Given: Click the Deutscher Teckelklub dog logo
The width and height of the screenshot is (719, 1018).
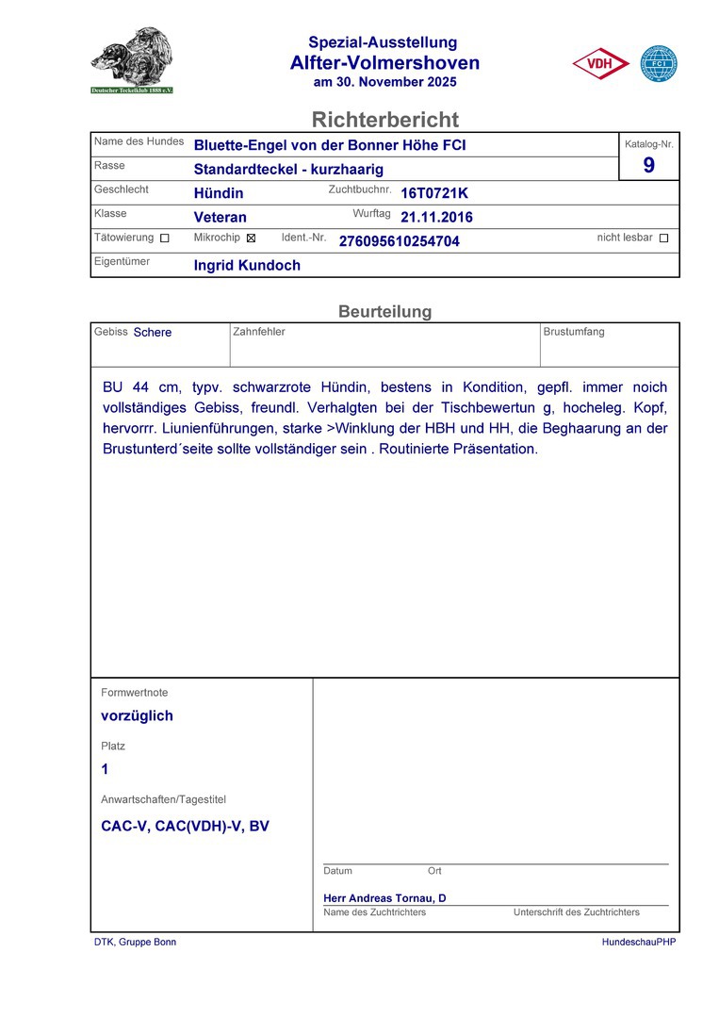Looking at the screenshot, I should coord(132,60).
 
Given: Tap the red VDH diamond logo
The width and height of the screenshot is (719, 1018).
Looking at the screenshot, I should coord(600,64).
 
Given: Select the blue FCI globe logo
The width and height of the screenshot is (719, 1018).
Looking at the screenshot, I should coord(659,64).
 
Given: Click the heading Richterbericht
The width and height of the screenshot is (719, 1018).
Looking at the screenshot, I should coord(384,120).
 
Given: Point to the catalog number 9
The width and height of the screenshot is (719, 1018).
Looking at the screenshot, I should coord(648,166).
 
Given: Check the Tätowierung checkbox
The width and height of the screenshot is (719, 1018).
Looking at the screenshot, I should coord(165,238).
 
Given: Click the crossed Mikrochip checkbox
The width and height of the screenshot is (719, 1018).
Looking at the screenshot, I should coord(251,238).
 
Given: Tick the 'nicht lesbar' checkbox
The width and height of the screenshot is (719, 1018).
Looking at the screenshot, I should coord(663,238).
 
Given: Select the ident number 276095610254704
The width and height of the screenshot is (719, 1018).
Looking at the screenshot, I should coord(399,241).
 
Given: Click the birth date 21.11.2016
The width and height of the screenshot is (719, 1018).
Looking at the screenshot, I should coord(436,217).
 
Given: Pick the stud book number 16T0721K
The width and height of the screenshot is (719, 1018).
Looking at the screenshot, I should coord(433,193).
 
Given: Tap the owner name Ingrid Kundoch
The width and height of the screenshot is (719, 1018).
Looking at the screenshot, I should coord(247,266).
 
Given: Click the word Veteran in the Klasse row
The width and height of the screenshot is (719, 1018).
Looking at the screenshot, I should coord(220,217).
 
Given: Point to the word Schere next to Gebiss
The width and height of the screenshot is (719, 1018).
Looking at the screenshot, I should coord(153,332).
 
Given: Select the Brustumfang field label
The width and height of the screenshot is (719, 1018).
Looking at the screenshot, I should coord(574,332).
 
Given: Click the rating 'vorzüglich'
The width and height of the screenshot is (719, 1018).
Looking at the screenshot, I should coord(137,715).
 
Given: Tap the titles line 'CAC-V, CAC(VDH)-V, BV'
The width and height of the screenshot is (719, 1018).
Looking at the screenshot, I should coord(185,826).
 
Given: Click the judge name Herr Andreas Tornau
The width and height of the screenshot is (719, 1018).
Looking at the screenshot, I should coord(384,898).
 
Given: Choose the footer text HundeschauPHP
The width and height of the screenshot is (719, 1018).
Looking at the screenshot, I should coord(639,942).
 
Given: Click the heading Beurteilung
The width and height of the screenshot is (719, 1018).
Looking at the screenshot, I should coord(384,311).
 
